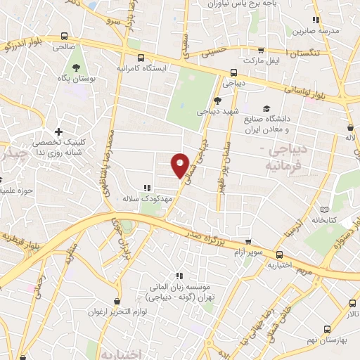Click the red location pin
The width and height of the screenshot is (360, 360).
click(x=181, y=165)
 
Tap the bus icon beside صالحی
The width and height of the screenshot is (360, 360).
click(x=65, y=36)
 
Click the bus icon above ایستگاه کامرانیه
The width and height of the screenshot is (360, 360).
click(x=141, y=58)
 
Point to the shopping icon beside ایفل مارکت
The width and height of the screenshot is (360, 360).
click(x=262, y=51)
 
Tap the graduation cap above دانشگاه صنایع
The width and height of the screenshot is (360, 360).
click(x=266, y=108)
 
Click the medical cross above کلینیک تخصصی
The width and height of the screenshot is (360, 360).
click(x=59, y=131)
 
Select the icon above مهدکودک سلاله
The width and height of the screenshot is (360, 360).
click(x=147, y=188)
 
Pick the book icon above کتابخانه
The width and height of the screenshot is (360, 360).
click(x=324, y=210)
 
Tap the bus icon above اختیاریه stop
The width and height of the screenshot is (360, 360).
click(x=280, y=255)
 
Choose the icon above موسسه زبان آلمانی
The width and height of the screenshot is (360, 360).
click(x=179, y=276)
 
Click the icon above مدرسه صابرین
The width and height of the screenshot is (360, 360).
click(x=316, y=20)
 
